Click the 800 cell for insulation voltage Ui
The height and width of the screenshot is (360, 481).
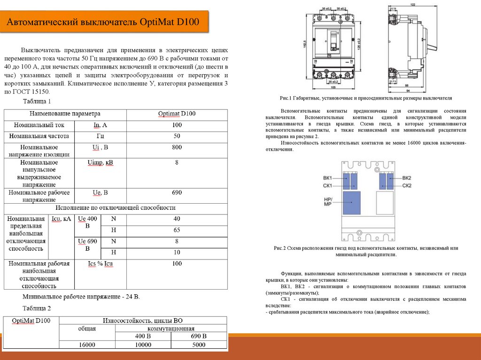pos(177,147)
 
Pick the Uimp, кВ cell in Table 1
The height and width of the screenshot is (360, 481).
pos(100,163)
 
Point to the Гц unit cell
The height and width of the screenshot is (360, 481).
pos(100,136)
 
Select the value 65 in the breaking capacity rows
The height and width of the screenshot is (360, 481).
pos(177,230)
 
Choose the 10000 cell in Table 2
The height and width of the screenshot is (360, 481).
pos(143,345)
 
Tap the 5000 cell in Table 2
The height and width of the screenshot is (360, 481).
pos(199,345)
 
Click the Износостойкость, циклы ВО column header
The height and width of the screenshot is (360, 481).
pos(143,321)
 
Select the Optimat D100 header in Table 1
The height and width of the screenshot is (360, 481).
pos(177,114)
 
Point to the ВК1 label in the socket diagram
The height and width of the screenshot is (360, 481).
pos(327,178)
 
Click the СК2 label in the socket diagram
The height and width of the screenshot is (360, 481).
pos(407,186)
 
